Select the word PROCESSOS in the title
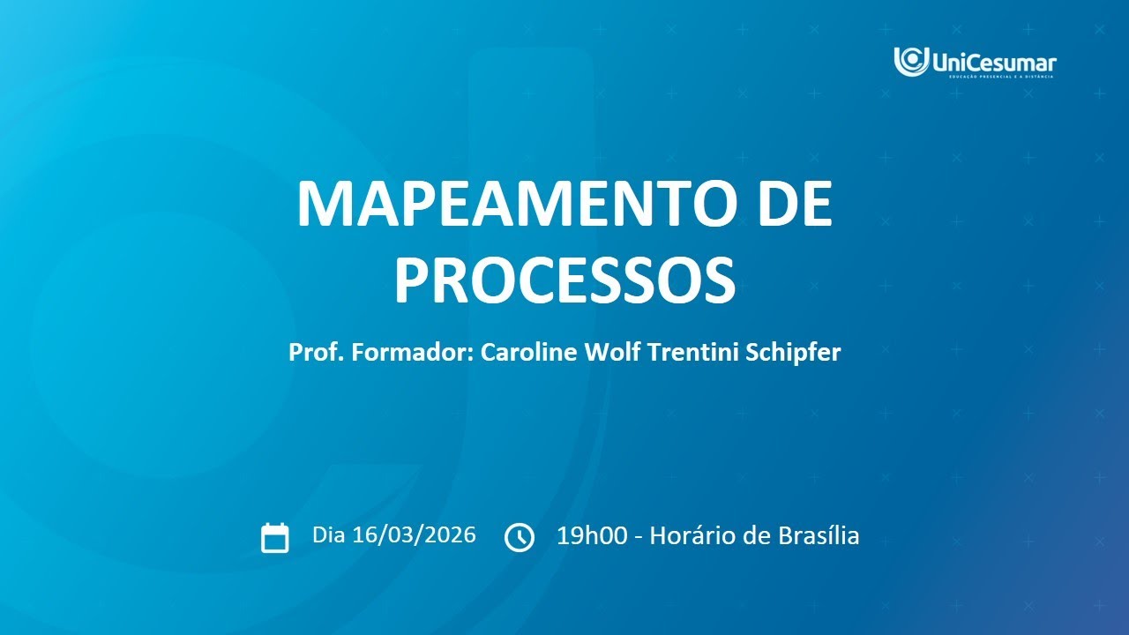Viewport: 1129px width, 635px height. [x=564, y=280]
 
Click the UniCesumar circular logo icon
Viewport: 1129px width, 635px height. [x=911, y=61]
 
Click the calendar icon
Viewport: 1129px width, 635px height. [x=275, y=537]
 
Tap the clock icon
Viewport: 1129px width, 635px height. [x=519, y=537]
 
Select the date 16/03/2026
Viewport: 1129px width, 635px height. [x=414, y=534]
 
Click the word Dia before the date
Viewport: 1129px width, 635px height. [x=329, y=534]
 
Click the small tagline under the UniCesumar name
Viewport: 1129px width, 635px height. [x=1002, y=77]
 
